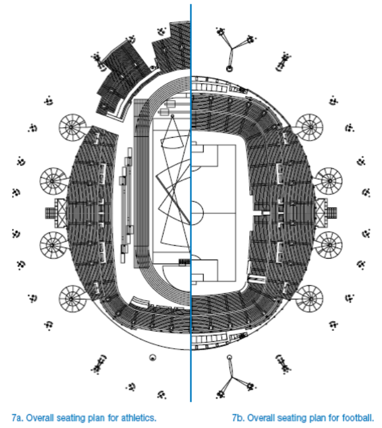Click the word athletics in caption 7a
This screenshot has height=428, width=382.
[139, 418]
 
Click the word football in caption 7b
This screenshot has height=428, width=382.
[358, 418]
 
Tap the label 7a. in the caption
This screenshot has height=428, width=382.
[17, 418]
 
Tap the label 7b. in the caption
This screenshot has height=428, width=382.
[238, 418]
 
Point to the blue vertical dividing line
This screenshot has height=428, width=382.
[191, 203]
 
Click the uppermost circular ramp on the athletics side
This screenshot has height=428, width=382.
[72, 127]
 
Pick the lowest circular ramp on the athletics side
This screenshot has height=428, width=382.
[72, 298]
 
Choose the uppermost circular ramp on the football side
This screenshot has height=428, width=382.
[310, 127]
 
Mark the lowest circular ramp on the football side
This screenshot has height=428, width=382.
[310, 298]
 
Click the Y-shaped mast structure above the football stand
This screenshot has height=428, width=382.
[232, 49]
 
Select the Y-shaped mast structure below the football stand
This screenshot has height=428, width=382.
[232, 377]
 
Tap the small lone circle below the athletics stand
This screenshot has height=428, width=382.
[153, 357]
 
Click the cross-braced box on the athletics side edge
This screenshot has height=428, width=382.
[61, 213]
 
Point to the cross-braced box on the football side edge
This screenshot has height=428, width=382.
[321, 213]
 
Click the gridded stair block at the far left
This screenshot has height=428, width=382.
[50, 213]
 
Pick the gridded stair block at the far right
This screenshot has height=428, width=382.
[332, 213]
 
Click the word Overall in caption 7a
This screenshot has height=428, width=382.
[40, 418]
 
